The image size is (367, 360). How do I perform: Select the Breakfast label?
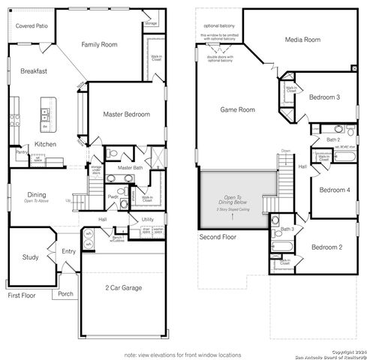34,71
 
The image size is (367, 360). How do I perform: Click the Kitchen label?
46,144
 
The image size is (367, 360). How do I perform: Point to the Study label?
30,257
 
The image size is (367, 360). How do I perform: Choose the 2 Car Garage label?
125,287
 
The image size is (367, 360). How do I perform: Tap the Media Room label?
303,40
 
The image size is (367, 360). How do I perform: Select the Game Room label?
238,109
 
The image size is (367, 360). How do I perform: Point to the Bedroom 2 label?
328,247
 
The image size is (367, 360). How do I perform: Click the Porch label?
65,293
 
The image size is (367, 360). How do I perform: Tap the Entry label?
69,252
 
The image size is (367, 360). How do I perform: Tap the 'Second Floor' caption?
218,238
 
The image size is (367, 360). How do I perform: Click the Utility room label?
148,219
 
